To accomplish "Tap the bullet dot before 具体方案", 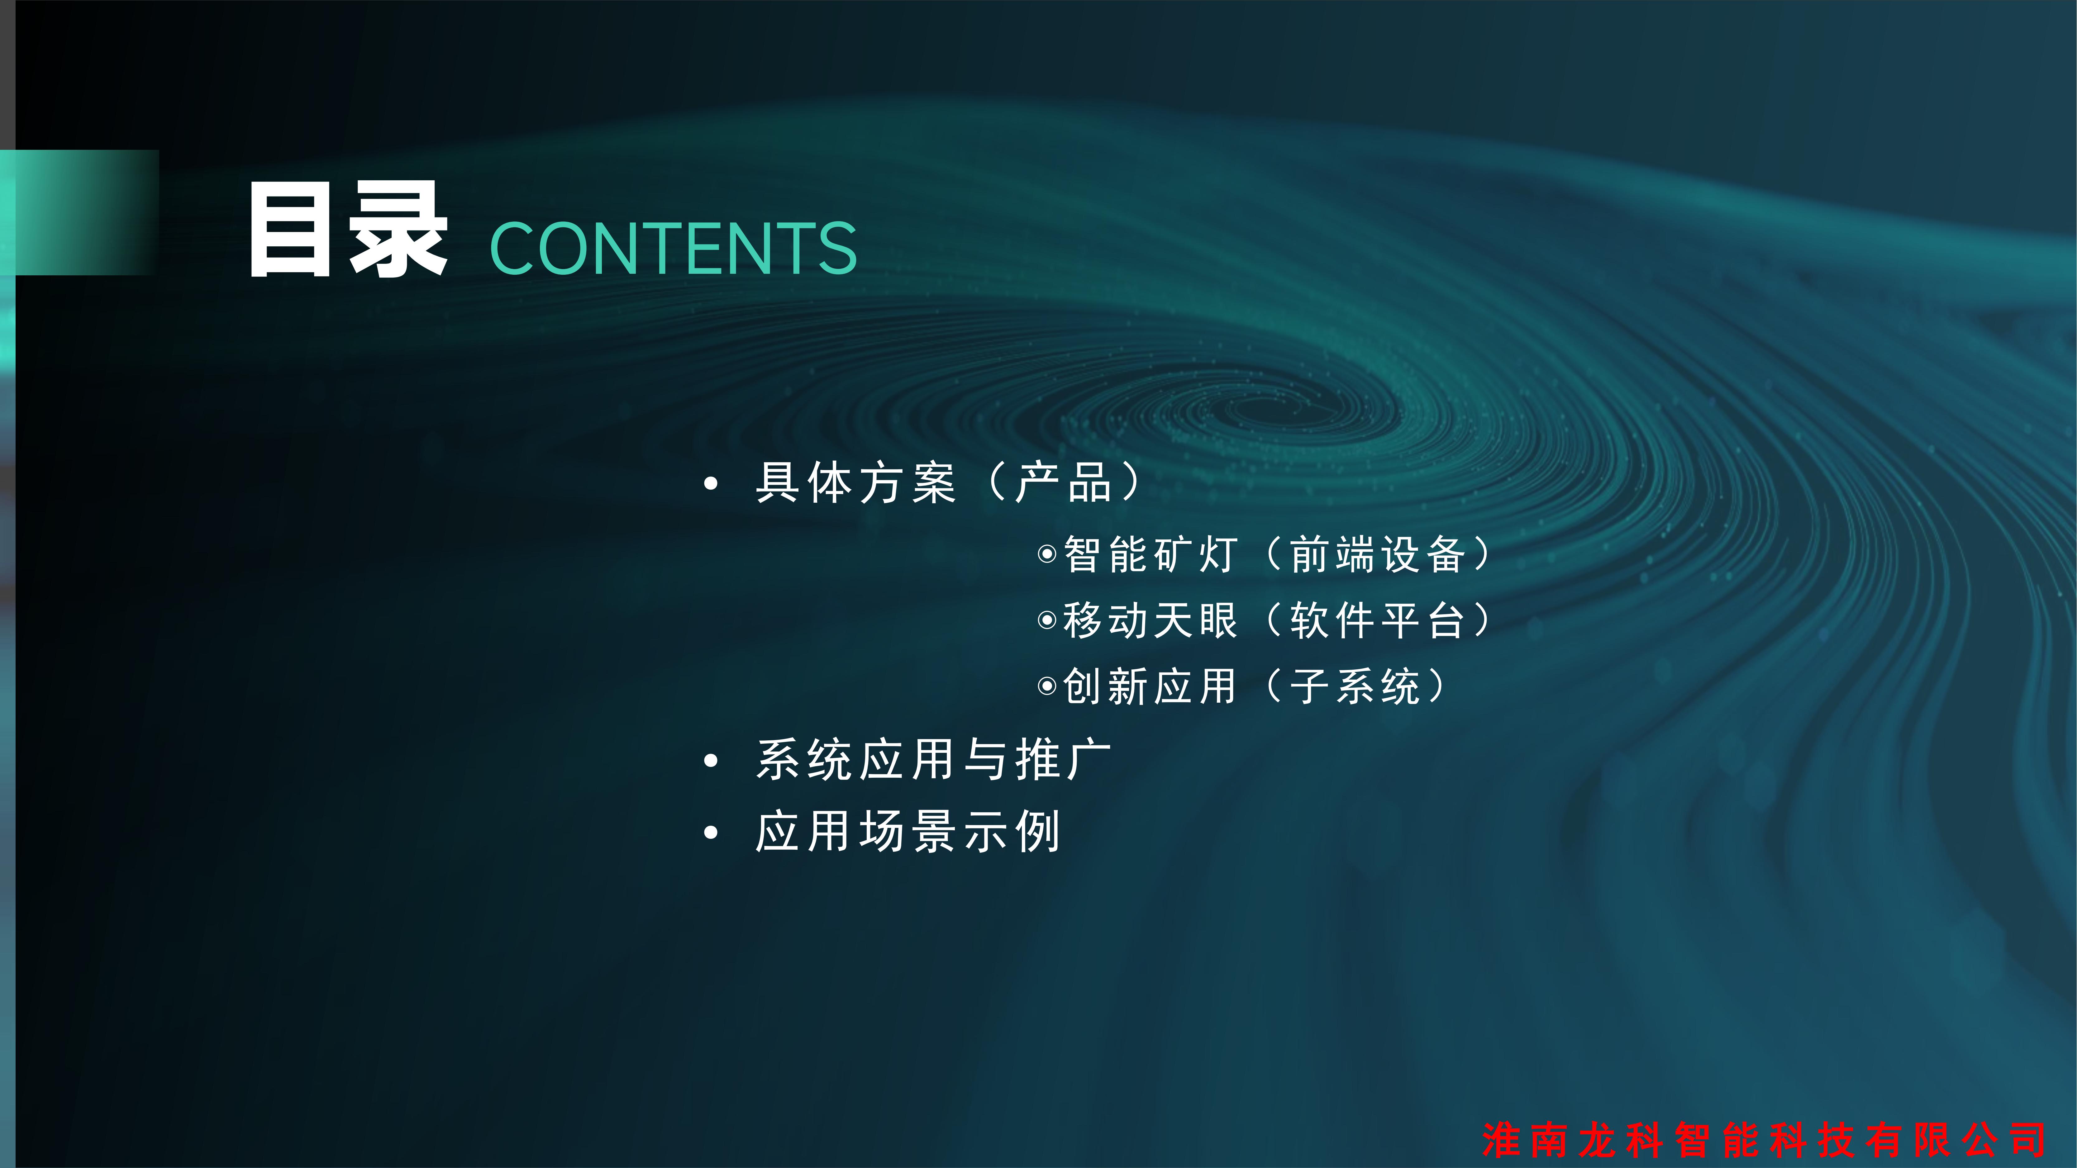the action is tap(710, 484).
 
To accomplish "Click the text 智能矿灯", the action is tap(1150, 554).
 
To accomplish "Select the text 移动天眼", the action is tap(1150, 620).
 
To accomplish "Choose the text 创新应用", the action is tap(1150, 686).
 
